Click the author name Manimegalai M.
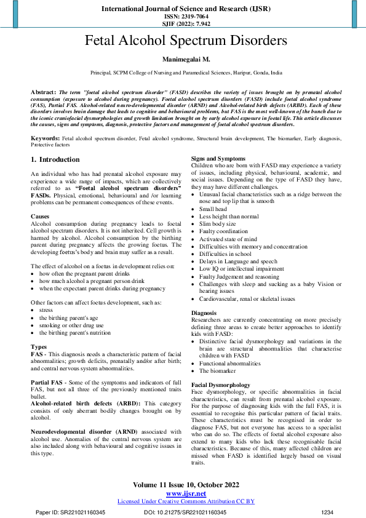pos(185,60)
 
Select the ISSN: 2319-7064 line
pos(185,17)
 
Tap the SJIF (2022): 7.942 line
pos(185,25)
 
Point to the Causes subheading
pos(41,217)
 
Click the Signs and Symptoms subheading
pos(217,159)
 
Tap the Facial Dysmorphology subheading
pos(220,385)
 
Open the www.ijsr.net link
pos(185,493)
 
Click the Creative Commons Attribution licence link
pos(186,501)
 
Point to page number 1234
pos(327,512)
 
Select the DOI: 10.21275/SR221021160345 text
pos(185,512)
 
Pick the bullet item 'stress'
pos(47,310)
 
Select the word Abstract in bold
pos(44,91)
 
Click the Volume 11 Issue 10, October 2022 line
pos(185,485)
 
